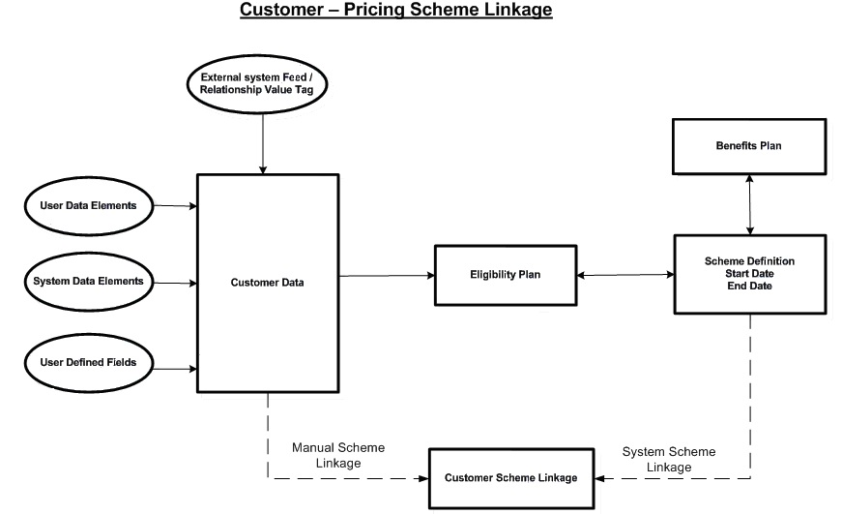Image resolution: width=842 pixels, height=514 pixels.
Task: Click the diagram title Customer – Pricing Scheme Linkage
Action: click(396, 11)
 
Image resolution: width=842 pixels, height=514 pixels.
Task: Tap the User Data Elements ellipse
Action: click(88, 205)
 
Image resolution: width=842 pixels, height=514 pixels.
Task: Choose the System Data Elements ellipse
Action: click(88, 282)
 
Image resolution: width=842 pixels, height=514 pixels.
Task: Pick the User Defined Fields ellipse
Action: click(88, 363)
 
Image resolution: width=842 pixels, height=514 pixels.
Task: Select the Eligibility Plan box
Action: click(506, 275)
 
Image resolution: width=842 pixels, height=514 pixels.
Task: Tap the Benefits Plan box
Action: click(749, 146)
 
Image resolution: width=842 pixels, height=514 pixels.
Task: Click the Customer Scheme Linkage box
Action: click(510, 478)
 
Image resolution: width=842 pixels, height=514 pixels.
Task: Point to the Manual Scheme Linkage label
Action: click(338, 455)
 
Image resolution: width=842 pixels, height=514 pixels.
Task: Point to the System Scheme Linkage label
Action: click(669, 459)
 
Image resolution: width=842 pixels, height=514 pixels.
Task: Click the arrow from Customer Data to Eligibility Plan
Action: click(387, 276)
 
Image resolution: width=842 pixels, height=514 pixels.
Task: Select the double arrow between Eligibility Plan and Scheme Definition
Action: click(624, 276)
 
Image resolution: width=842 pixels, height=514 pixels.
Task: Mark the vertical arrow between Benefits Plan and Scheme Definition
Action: click(750, 205)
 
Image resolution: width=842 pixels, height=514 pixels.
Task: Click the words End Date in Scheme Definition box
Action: click(750, 287)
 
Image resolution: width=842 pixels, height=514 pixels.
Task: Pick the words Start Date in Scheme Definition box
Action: click(750, 274)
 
